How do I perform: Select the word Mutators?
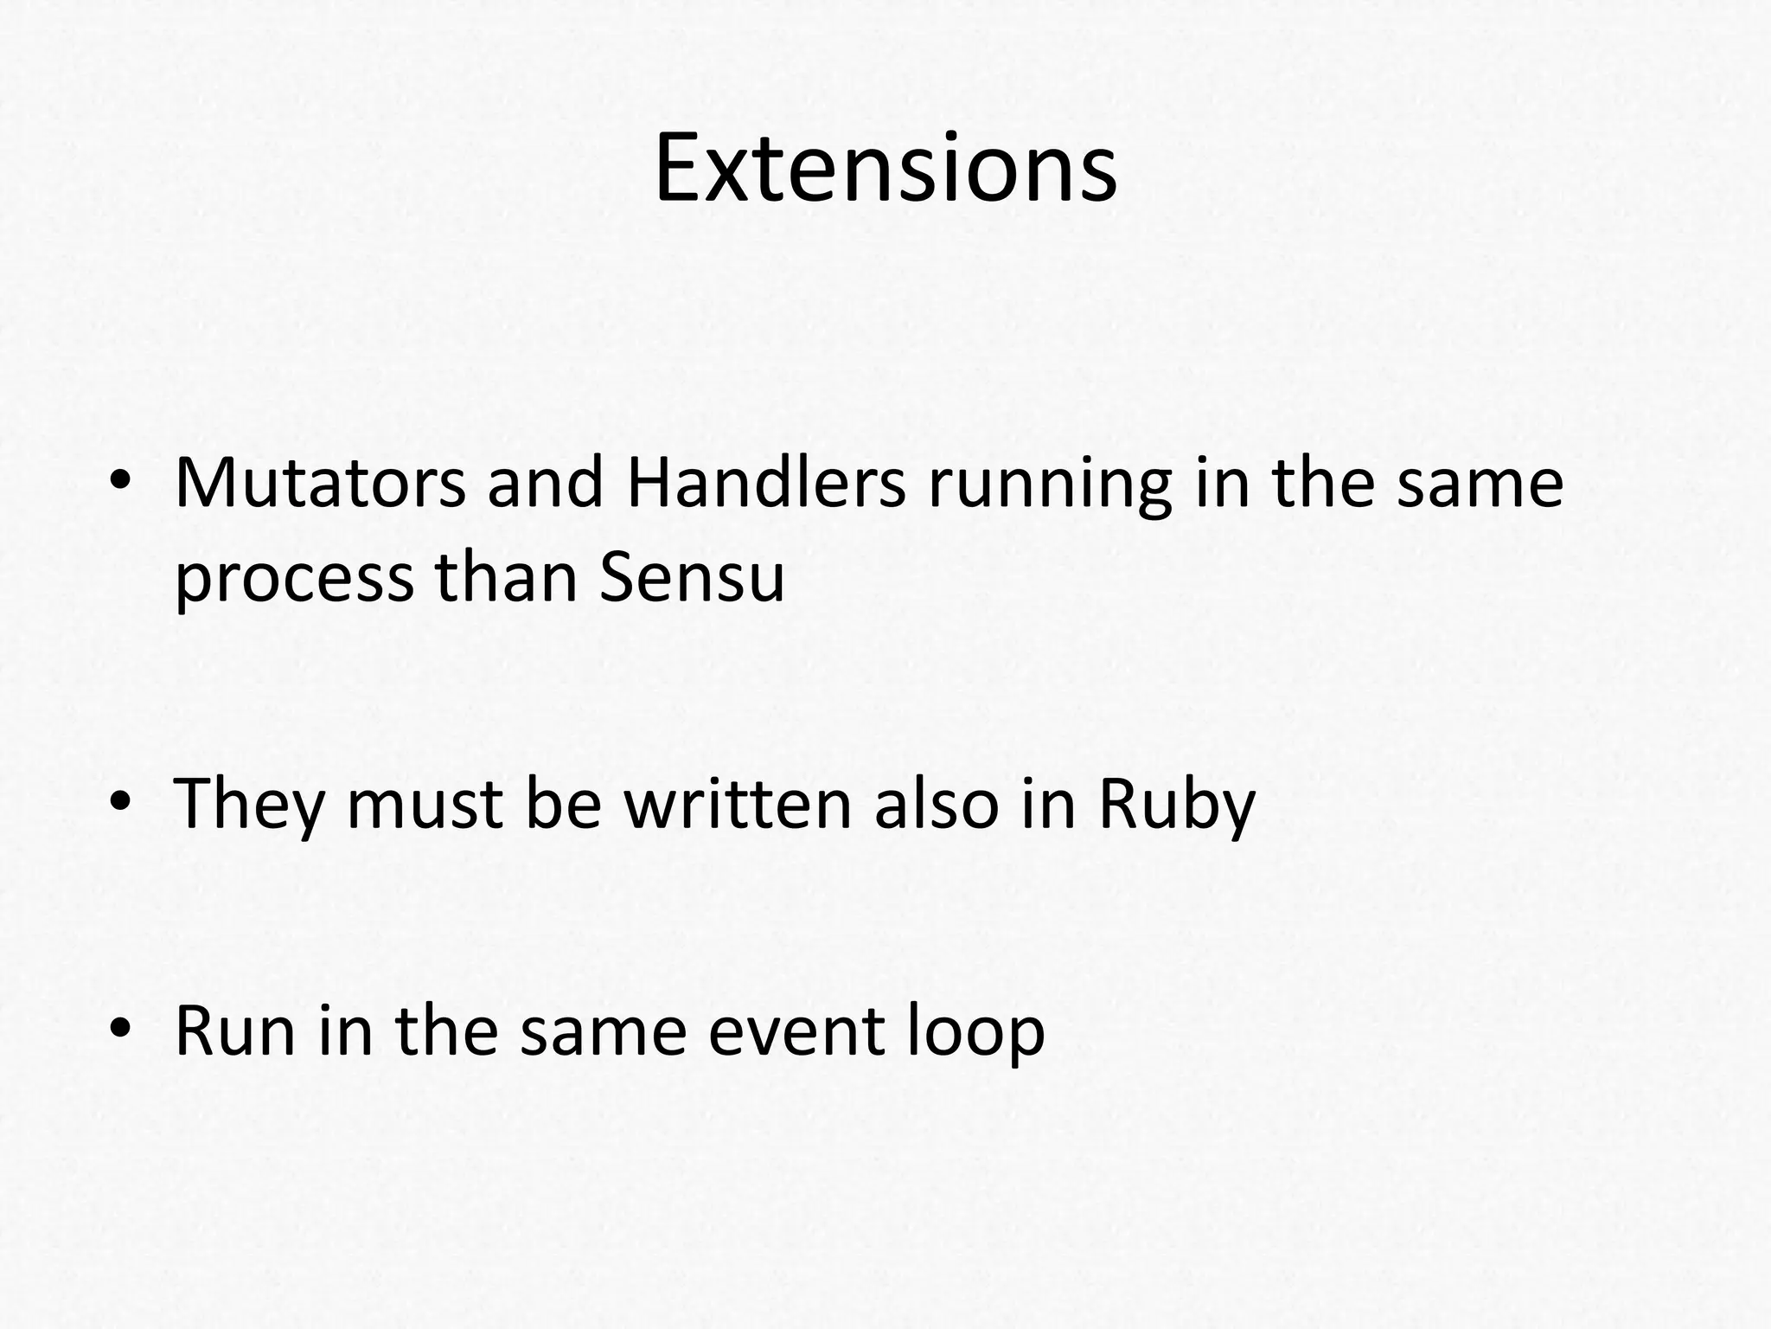(320, 483)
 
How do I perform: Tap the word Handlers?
(766, 483)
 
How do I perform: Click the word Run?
(235, 1031)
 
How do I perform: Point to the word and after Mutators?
(545, 483)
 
